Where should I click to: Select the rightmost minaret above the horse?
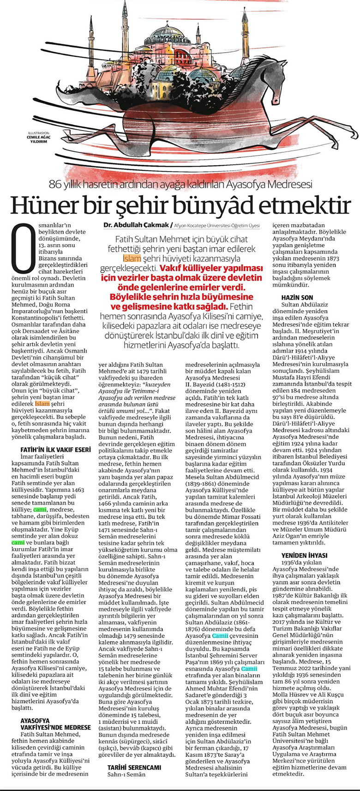(245, 35)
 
